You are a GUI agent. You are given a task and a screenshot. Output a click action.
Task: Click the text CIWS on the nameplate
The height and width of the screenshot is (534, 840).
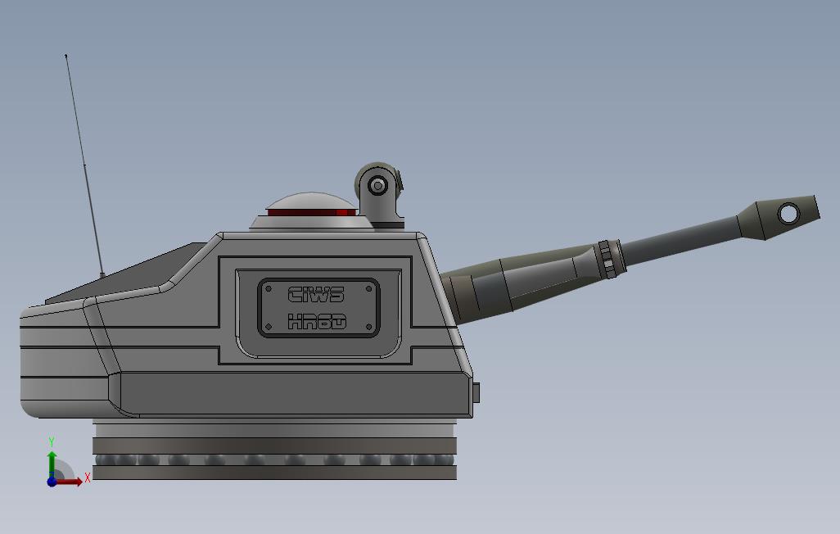[317, 294]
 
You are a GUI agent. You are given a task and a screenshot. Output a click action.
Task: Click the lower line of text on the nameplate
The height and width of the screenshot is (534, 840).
[317, 322]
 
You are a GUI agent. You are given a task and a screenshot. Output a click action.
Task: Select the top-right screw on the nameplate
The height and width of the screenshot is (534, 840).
[369, 288]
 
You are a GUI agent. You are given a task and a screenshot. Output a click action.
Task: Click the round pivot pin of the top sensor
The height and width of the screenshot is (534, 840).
[377, 186]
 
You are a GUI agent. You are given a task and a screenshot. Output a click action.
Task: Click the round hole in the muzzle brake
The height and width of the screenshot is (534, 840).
[788, 214]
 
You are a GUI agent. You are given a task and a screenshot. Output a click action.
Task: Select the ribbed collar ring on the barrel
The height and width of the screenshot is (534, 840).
[606, 259]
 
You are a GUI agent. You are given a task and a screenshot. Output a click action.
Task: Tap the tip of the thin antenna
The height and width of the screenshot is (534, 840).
[66, 56]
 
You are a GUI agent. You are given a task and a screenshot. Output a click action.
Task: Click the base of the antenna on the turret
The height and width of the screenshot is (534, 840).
[102, 275]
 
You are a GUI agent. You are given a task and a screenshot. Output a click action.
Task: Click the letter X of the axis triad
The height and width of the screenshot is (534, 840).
[88, 477]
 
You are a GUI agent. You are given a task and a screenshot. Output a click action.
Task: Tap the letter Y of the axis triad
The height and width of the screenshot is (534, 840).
[52, 442]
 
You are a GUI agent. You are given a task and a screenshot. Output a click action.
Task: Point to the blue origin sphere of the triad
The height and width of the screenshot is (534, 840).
[52, 482]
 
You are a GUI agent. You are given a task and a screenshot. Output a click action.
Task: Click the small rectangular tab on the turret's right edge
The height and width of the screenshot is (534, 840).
[476, 393]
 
